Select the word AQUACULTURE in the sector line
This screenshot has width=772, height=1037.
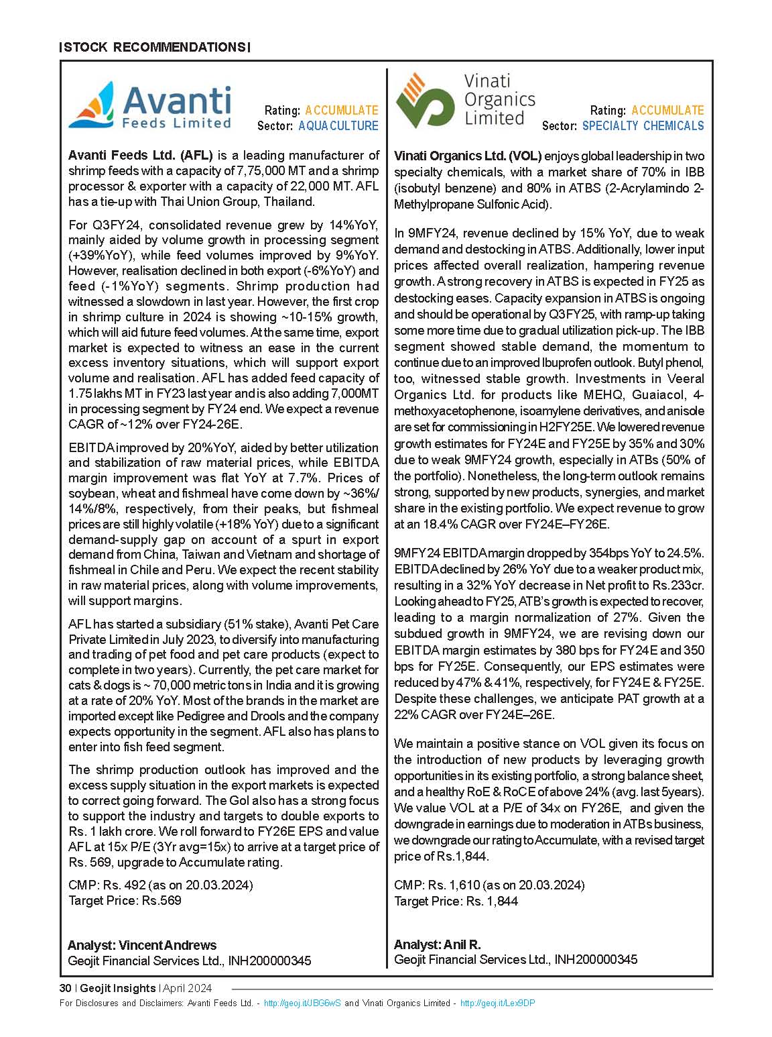click(338, 126)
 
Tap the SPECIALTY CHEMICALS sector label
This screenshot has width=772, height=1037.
click(643, 126)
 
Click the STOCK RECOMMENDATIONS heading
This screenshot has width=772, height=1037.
click(155, 48)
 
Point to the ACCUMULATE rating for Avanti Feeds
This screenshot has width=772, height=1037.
click(341, 111)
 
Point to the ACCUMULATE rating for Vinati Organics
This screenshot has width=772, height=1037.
click(667, 111)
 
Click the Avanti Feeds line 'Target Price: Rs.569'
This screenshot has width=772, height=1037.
click(125, 900)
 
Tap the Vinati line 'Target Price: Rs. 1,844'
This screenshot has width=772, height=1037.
click(456, 901)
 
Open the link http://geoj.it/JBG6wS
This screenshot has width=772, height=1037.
click(302, 1003)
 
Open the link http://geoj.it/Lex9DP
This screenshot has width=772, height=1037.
click(497, 1003)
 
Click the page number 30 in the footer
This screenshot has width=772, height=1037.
click(65, 988)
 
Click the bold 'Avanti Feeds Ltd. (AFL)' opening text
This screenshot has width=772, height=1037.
click(140, 156)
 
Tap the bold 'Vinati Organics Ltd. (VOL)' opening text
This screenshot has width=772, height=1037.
click(468, 156)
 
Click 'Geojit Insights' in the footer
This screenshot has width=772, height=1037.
click(117, 988)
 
